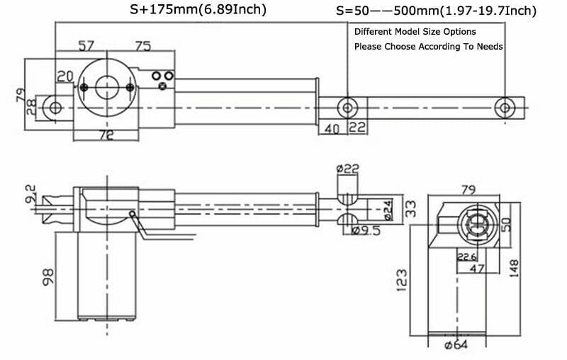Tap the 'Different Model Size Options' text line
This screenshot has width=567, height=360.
click(415, 32)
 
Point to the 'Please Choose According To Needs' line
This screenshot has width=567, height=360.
click(428, 47)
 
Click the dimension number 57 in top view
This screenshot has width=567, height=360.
click(86, 46)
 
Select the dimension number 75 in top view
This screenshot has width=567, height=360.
click(142, 46)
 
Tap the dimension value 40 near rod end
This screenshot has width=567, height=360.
click(331, 128)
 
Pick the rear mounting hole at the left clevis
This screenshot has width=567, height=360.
click(53, 107)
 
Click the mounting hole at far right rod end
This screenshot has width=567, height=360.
click(504, 108)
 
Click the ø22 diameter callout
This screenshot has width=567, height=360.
click(348, 169)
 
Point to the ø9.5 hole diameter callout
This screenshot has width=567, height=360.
click(366, 231)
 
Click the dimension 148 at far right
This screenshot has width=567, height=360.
click(515, 268)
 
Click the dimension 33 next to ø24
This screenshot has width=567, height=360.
click(410, 208)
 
